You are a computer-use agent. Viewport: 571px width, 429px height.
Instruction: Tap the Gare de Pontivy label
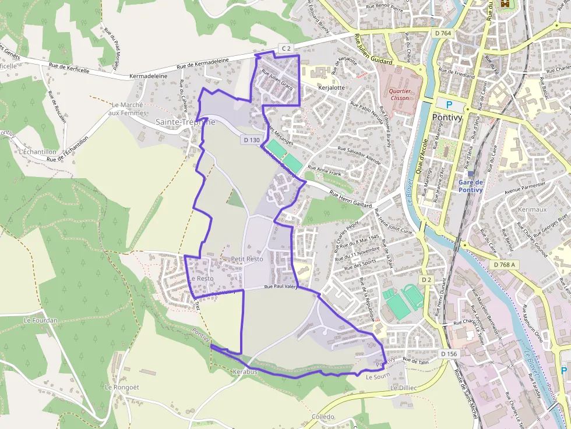(471, 186)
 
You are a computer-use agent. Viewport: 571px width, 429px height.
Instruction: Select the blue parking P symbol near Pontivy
(449, 104)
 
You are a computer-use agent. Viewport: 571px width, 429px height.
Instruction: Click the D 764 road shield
(443, 33)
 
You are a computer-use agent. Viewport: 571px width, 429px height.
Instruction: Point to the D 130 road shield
(251, 140)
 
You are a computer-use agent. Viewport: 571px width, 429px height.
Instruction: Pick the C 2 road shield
(285, 48)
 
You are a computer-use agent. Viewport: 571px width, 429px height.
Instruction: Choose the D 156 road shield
(449, 354)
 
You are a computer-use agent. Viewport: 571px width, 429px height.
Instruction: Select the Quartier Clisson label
(400, 94)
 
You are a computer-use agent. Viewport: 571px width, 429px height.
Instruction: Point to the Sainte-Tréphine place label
(185, 122)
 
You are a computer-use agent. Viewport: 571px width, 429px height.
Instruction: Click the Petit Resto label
(247, 258)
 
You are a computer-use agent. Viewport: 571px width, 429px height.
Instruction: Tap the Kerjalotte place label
(332, 88)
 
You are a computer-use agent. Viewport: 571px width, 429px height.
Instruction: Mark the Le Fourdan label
(41, 320)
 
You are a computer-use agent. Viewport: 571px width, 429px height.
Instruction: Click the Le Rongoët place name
(121, 387)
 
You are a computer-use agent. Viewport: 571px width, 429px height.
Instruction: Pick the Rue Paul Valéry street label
(281, 287)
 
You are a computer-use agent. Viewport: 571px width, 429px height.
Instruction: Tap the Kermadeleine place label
(148, 76)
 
